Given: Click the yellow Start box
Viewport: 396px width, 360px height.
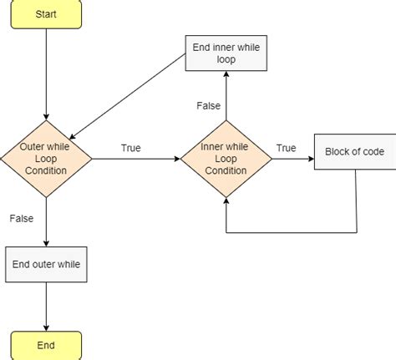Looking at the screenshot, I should (46, 17).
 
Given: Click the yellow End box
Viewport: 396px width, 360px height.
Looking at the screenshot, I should (46, 344).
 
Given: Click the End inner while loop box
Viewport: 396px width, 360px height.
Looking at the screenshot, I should (225, 54).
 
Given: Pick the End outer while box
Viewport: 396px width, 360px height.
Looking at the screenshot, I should (46, 265).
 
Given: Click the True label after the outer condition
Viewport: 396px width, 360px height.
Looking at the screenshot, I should (131, 148).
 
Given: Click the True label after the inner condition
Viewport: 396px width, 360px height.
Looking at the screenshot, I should (287, 148).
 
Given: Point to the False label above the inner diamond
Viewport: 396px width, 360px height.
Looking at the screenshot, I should (208, 106).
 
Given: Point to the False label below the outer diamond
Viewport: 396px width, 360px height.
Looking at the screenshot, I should (22, 218).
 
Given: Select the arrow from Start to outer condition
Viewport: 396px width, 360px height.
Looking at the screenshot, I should (46, 75).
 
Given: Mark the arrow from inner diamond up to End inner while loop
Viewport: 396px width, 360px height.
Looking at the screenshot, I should (225, 96).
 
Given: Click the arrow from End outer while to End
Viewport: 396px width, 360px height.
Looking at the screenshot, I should (46, 307).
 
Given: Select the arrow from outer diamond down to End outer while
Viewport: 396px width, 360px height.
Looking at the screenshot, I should (46, 221).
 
